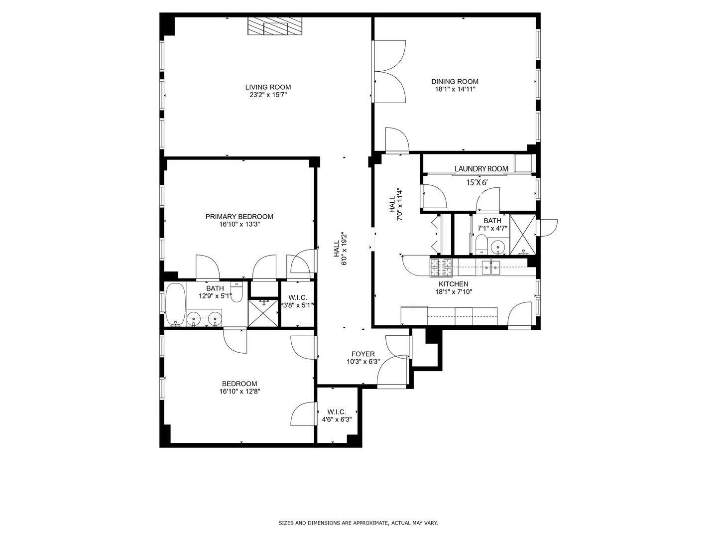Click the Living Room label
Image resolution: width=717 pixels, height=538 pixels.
coord(268,87)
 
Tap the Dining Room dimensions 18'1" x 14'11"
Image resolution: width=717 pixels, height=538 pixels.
coord(455,89)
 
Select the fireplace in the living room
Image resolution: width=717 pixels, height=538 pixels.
coord(275,26)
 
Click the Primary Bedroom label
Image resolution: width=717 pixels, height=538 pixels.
coord(239,217)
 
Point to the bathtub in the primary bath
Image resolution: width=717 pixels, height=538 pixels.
coord(176,304)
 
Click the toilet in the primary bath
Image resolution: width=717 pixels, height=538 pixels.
coord(237,292)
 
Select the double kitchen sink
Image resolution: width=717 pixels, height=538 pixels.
coord(491,268)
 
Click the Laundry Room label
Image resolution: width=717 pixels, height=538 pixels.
coord(481,168)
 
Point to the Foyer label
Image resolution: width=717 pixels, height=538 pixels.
coord(363,354)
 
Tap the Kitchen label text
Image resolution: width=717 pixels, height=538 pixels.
coord(453,284)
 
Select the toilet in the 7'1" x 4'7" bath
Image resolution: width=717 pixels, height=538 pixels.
coord(481,244)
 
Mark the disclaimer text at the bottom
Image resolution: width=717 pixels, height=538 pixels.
coord(358,523)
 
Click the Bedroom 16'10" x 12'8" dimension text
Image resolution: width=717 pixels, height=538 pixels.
coord(240,392)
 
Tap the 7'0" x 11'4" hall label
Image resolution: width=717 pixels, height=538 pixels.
coord(395,204)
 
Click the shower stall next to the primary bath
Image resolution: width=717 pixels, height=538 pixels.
coord(263,313)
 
